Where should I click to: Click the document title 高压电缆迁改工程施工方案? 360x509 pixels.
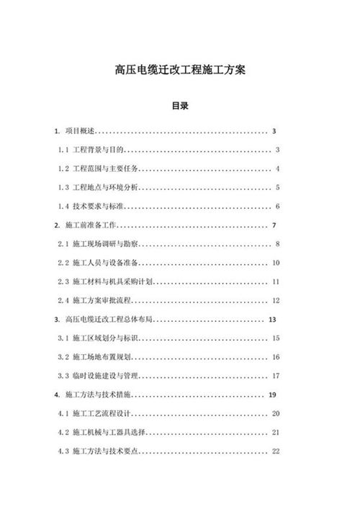(x=179, y=71)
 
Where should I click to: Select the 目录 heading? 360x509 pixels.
(x=179, y=106)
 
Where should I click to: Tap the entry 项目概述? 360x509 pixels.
(x=80, y=131)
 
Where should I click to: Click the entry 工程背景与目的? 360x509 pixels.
(x=100, y=150)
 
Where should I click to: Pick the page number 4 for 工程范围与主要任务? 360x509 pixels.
(x=277, y=168)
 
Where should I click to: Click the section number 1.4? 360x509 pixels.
(x=63, y=207)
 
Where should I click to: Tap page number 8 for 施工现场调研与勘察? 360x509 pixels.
(x=277, y=244)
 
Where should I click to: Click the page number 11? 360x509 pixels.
(x=275, y=281)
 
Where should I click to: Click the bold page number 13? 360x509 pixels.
(x=272, y=319)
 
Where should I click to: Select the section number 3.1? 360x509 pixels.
(x=63, y=338)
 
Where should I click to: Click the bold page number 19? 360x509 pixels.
(x=272, y=394)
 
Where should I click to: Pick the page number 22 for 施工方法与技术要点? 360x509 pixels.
(x=275, y=451)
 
